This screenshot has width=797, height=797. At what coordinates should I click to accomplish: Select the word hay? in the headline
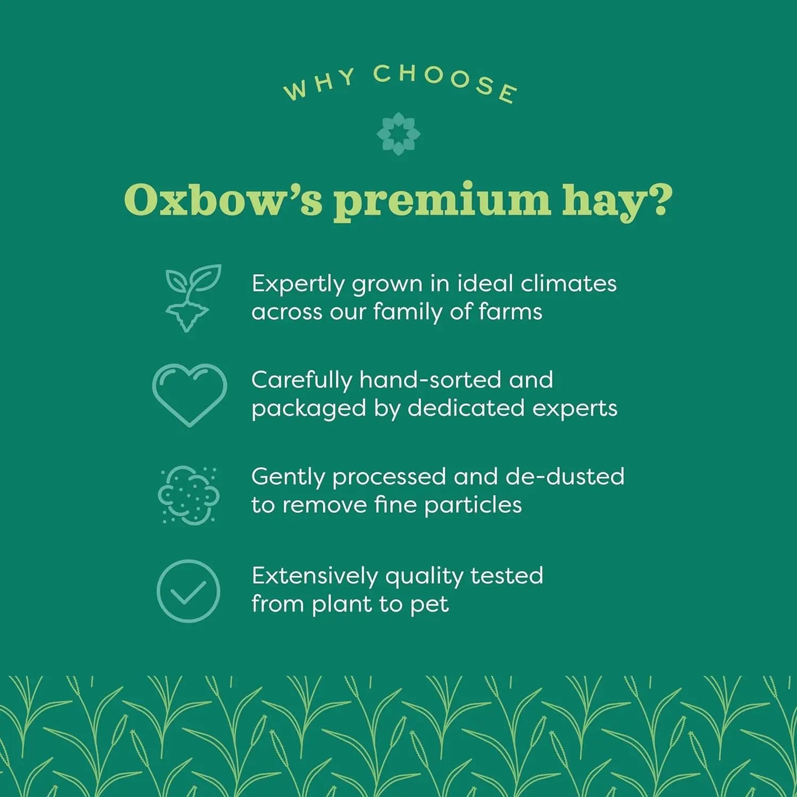click(x=617, y=201)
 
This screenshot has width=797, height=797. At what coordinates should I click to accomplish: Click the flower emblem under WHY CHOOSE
click(x=398, y=134)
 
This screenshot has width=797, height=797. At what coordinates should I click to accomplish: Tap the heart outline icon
click(x=189, y=394)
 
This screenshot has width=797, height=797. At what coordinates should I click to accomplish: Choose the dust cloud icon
click(x=188, y=495)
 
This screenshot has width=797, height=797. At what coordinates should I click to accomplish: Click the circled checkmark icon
click(x=189, y=591)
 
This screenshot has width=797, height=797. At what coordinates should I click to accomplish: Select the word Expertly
click(x=298, y=285)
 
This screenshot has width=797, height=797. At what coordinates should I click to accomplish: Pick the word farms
click(x=511, y=312)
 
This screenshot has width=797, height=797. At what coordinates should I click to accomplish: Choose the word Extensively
click(x=314, y=576)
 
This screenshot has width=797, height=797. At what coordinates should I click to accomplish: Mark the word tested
click(x=506, y=576)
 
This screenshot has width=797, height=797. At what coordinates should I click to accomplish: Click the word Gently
click(x=288, y=478)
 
